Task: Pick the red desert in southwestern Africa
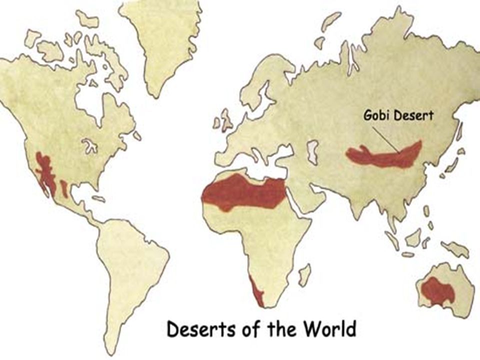257,292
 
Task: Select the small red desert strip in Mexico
64,188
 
